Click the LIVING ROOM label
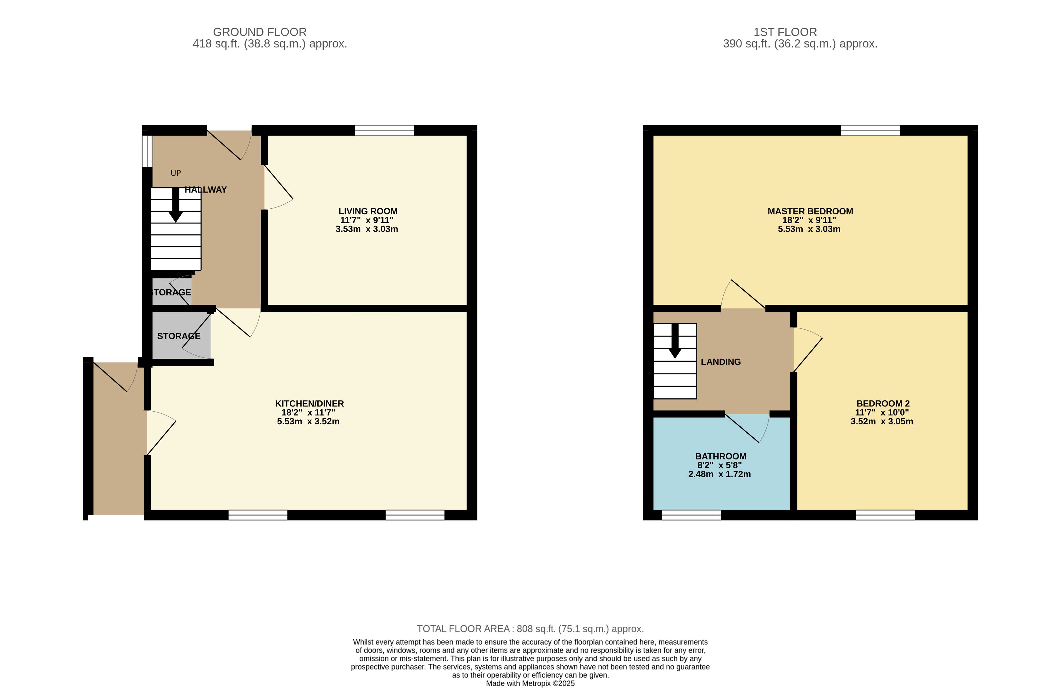tap(368, 211)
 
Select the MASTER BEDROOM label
tap(810, 211)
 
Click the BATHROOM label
tap(720, 456)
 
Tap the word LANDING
tap(720, 362)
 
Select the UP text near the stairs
tap(176, 173)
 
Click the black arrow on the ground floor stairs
tap(176, 205)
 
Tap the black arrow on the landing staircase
tap(675, 341)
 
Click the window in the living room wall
tap(384, 131)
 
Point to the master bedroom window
tap(870, 131)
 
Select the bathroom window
tap(691, 515)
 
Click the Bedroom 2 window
tap(885, 515)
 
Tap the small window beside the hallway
tap(147, 151)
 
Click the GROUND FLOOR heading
tap(260, 32)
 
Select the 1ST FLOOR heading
tap(785, 32)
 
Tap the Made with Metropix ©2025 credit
tap(530, 683)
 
